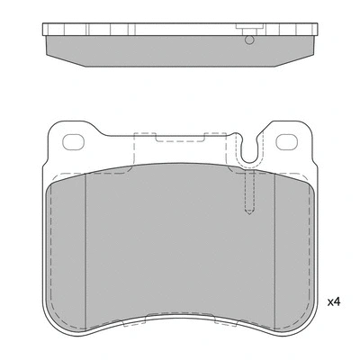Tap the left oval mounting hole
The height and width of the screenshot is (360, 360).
73,140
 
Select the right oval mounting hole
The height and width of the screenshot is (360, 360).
287,140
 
